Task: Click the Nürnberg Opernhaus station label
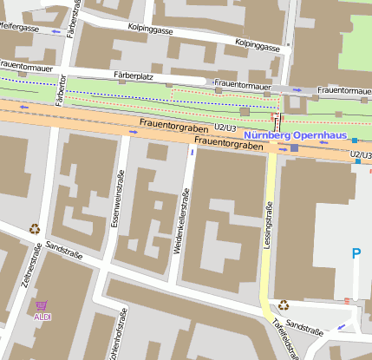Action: [x=296, y=135]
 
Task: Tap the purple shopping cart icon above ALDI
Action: [x=42, y=305]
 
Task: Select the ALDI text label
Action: [x=42, y=317]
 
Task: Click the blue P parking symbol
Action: [x=356, y=254]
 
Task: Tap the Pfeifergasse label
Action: [x=19, y=28]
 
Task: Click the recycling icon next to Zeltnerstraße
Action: [x=35, y=230]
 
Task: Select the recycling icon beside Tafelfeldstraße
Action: [x=284, y=304]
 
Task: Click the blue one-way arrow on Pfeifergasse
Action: [x=56, y=32]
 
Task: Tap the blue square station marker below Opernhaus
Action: [x=294, y=148]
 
